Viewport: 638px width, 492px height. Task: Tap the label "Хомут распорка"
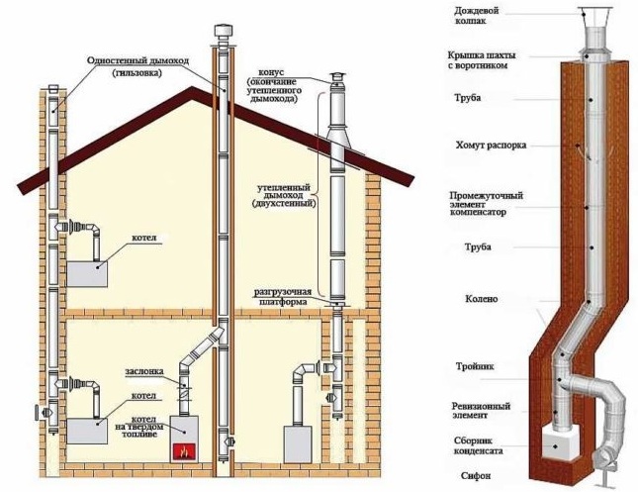coord(491,145)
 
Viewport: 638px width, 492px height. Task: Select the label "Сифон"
coord(476,476)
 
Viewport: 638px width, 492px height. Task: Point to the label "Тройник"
coord(475,366)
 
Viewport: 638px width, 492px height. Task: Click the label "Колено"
coord(482,299)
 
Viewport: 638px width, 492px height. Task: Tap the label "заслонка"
coord(144,371)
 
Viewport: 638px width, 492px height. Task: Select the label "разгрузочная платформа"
coord(283,297)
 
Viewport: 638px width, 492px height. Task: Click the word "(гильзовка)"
coord(138,73)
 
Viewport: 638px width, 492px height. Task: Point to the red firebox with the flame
coord(184,450)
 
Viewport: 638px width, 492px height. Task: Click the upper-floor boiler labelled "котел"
coord(87,274)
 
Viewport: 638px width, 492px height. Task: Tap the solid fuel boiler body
coord(184,439)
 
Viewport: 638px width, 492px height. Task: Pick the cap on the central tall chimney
coord(223,32)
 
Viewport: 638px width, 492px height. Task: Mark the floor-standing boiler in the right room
coord(298,443)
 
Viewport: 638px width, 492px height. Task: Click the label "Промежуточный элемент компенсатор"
coord(486,204)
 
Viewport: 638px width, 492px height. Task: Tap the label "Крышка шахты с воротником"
coord(482,60)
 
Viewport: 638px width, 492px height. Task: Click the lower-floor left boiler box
coord(87,431)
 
